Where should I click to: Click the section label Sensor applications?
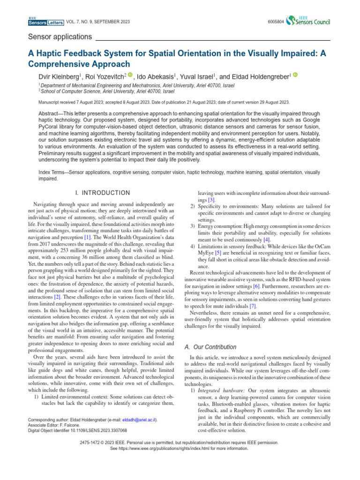(60, 37)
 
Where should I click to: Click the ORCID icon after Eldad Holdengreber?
(296, 74)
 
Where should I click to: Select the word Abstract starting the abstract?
(50, 114)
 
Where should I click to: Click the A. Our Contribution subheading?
(210, 347)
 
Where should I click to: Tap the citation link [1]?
(88, 238)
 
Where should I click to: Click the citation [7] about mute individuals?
(253, 305)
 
